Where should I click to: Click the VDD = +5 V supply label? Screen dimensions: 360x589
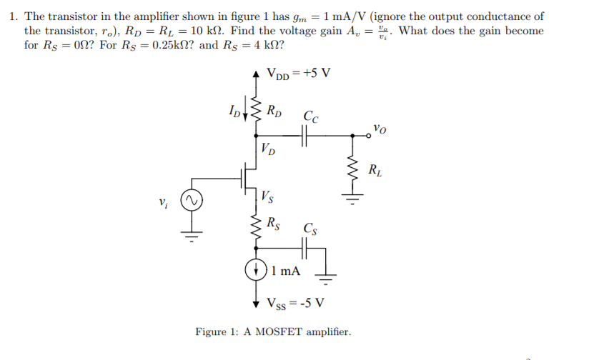tap(298, 74)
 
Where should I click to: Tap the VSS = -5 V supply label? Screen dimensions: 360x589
tap(296, 302)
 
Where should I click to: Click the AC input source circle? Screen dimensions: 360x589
tap(189, 201)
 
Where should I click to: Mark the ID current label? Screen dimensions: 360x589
tap(233, 111)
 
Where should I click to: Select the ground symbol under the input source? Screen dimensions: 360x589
tap(189, 235)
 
